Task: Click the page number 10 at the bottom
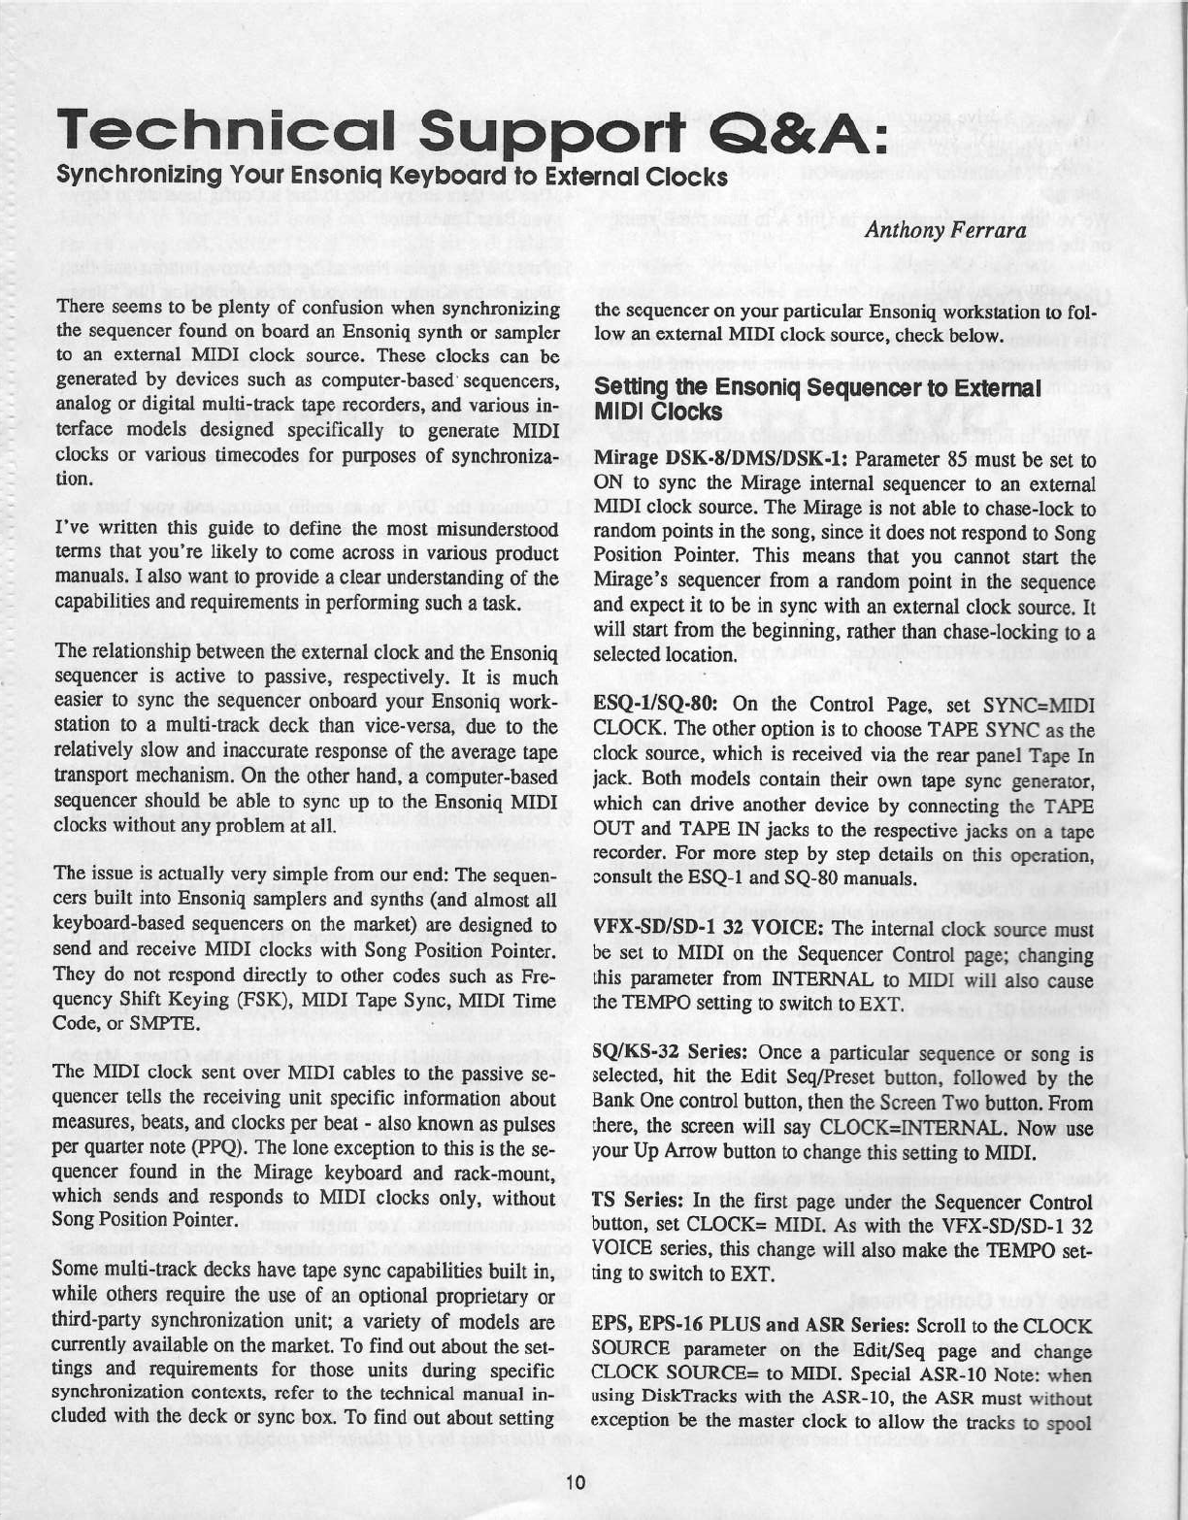pos(574,1481)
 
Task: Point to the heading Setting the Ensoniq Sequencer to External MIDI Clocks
pos(816,399)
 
